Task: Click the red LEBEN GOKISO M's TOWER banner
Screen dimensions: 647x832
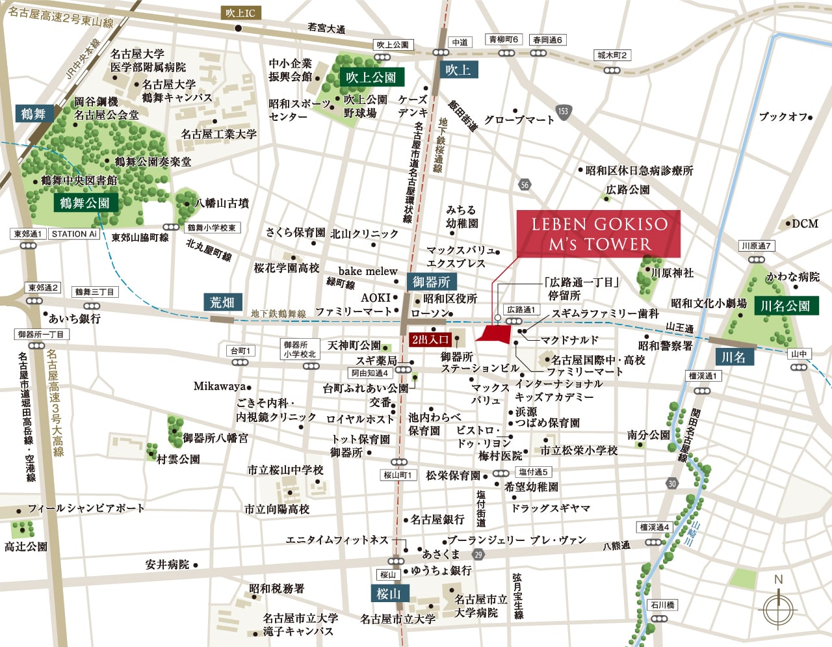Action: point(598,233)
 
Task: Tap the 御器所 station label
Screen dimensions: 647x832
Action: point(431,282)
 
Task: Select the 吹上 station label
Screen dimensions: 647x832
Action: point(458,70)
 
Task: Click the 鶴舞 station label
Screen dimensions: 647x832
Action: point(33,114)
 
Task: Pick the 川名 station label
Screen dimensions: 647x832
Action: point(733,357)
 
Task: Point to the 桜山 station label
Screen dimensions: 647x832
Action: point(389,594)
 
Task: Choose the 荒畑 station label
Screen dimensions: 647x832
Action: point(222,302)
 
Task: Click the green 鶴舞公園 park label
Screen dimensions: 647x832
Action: point(85,203)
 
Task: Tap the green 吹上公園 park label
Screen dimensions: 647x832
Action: point(371,77)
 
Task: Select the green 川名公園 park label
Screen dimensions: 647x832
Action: point(785,306)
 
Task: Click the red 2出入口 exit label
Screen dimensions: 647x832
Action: point(430,339)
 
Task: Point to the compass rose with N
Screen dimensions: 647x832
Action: point(778,607)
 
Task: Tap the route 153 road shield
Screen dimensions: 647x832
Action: point(563,111)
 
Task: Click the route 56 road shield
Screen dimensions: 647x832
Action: point(525,185)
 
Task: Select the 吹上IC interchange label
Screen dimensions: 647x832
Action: point(240,13)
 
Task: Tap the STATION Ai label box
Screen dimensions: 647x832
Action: point(74,234)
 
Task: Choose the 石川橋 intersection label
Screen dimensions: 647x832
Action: point(662,605)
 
